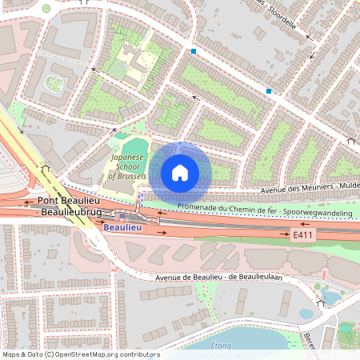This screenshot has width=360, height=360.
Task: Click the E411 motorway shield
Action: [302, 234]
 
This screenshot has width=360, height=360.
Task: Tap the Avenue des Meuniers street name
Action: [294, 188]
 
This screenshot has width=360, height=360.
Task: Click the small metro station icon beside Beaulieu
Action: [121, 216]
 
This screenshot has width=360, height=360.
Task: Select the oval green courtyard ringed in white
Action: [54, 82]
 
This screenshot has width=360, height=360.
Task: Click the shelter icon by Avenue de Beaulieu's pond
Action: [322, 302]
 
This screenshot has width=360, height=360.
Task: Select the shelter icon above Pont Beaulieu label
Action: [46, 169]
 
